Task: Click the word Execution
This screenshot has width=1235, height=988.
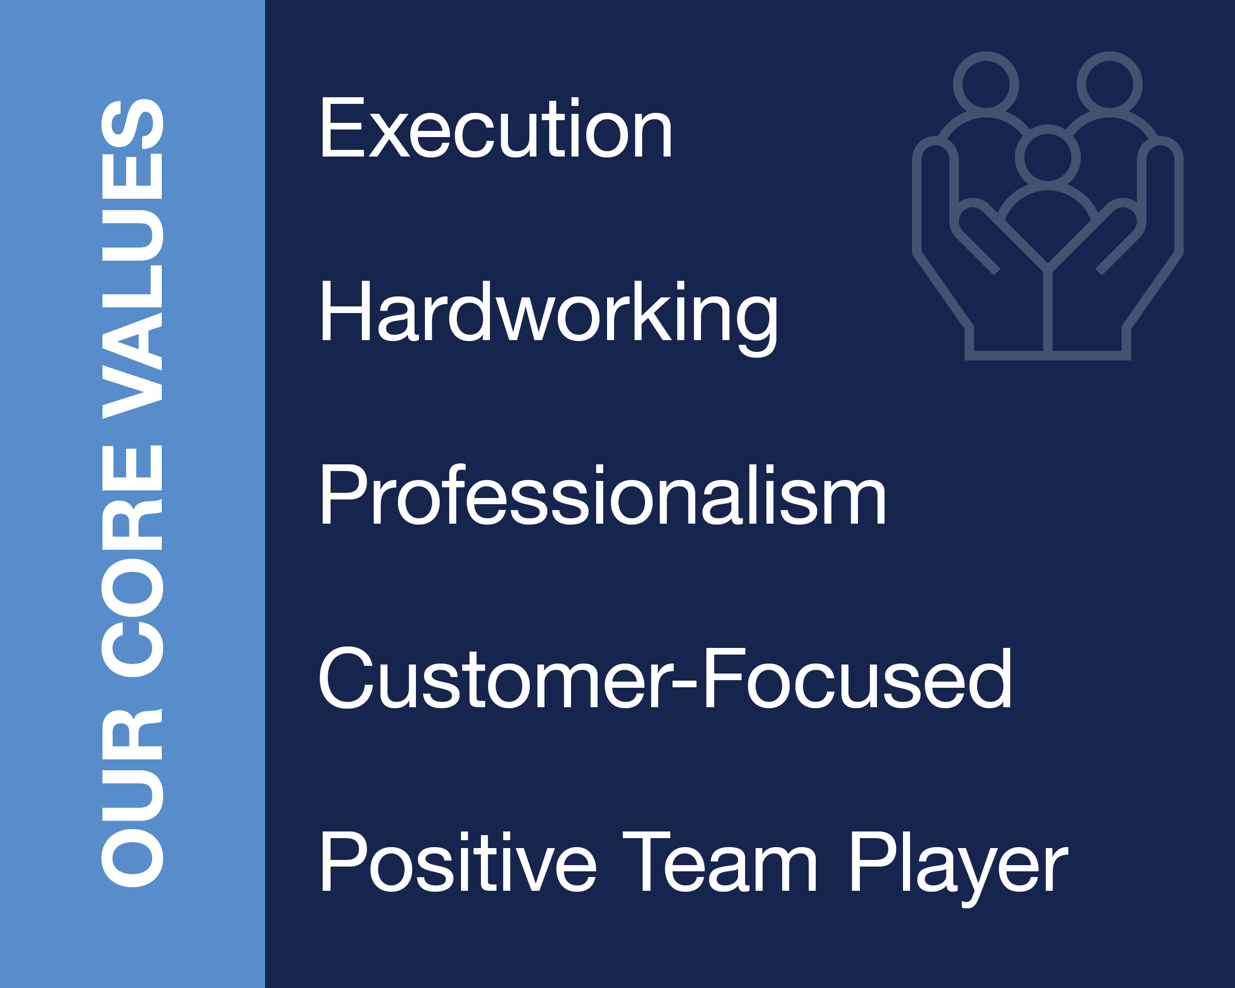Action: [496, 128]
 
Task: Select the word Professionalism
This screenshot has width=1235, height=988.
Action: [603, 494]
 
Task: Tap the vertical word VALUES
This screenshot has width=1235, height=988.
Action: [132, 259]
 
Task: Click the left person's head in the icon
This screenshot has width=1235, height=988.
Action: [986, 84]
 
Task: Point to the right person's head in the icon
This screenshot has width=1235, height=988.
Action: [1109, 84]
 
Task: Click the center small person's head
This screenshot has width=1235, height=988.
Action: [1048, 157]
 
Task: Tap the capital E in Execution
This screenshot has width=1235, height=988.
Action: [342, 128]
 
